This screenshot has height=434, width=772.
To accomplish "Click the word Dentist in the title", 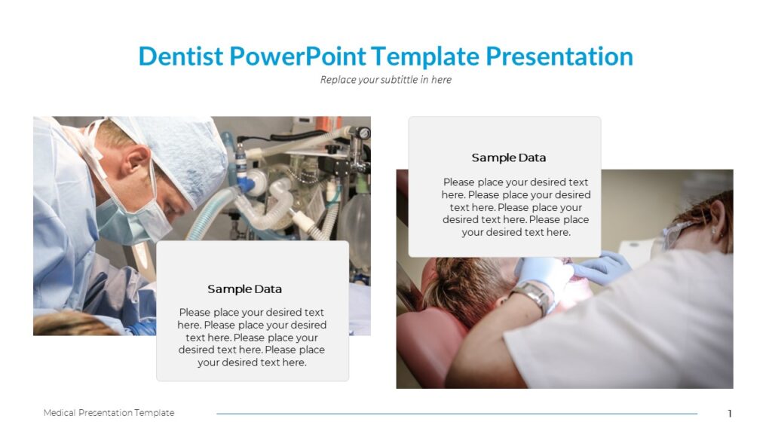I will (x=181, y=57).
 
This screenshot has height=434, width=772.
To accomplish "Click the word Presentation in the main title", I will (x=559, y=57).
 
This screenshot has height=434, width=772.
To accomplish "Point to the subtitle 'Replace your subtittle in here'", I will (x=385, y=80).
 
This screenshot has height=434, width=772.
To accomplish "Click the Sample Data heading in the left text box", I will (x=244, y=289).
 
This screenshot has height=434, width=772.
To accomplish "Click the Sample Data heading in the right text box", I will (x=508, y=158).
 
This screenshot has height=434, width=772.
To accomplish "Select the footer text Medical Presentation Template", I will (x=109, y=413).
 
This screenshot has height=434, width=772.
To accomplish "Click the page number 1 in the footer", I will (x=729, y=414).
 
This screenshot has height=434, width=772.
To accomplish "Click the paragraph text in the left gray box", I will (x=252, y=338).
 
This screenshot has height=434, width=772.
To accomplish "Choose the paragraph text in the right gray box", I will (x=516, y=207).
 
